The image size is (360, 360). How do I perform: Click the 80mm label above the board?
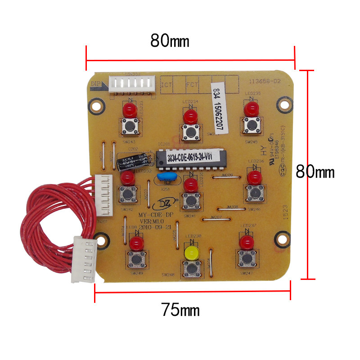pyautogui.click(x=170, y=41)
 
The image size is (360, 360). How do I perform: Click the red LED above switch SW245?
pyautogui.click(x=250, y=108)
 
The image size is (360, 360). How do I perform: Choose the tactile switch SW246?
pyautogui.click(x=253, y=193)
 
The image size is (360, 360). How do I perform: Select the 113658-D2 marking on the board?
pyautogui.click(x=264, y=81)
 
